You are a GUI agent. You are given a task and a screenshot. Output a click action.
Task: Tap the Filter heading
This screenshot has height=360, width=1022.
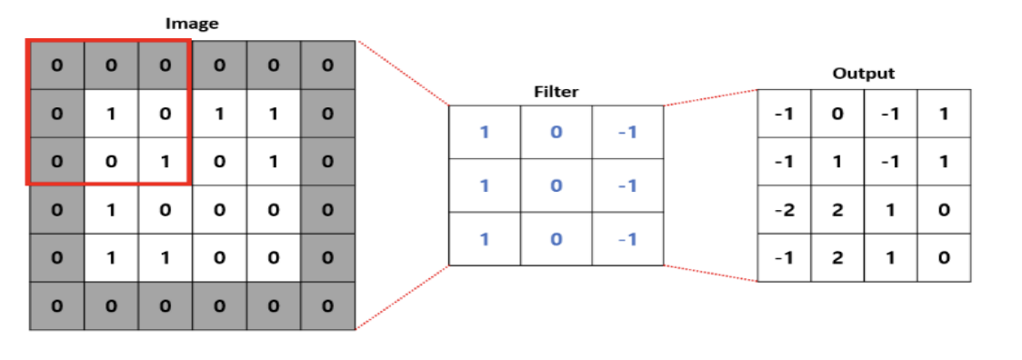(556, 92)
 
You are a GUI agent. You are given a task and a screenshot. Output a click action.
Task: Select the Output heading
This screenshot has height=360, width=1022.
(863, 74)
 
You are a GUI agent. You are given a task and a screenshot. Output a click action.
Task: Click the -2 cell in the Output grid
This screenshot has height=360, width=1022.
(783, 210)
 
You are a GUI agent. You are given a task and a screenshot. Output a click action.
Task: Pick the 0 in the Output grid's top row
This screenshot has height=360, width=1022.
(837, 114)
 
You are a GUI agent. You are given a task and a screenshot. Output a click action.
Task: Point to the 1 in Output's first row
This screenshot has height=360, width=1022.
(944, 114)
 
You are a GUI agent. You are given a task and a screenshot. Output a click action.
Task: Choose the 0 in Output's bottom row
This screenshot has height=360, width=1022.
(944, 257)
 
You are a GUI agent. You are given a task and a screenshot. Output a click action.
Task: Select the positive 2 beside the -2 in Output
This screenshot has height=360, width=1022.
(837, 210)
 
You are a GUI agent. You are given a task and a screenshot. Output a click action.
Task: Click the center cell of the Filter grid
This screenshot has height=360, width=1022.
(556, 186)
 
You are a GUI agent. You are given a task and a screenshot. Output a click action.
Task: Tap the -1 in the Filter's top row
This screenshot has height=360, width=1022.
(627, 133)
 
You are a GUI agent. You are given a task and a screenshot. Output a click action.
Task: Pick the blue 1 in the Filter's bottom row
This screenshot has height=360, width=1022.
(484, 239)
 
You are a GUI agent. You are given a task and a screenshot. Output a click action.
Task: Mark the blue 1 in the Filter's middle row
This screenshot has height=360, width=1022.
(484, 186)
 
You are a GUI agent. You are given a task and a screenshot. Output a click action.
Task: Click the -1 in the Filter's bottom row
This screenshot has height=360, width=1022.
(627, 239)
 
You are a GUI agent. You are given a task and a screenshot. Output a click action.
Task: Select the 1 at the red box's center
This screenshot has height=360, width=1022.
(110, 115)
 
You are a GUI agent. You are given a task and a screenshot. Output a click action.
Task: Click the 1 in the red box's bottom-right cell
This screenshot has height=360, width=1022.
(165, 163)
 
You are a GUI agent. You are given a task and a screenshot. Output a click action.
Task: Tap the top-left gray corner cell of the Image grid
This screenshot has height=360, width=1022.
(56, 65)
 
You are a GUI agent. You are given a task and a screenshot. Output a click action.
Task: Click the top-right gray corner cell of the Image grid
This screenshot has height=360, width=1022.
(327, 65)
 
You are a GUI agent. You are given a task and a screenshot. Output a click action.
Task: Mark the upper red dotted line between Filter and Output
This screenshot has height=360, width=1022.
(711, 97)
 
